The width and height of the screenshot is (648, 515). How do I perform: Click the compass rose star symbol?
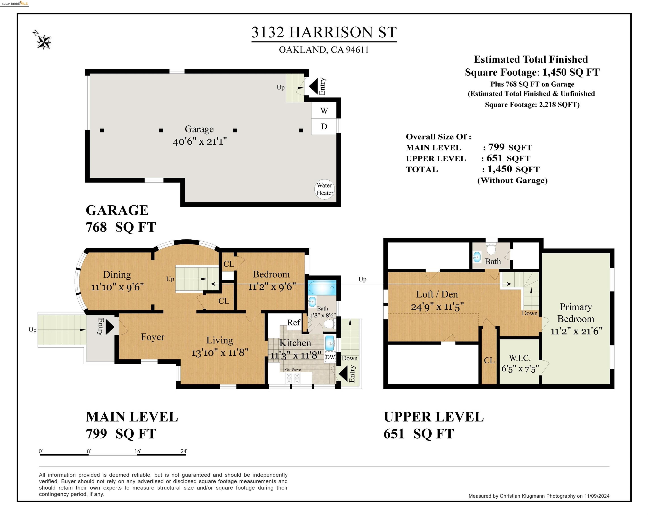(44, 42)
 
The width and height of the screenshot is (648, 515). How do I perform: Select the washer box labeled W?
(324, 111)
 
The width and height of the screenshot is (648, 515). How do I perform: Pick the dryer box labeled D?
(324, 126)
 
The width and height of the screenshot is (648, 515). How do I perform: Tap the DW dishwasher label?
(330, 357)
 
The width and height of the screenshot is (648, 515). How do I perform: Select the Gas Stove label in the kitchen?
(293, 370)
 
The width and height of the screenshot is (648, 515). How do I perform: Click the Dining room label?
(117, 275)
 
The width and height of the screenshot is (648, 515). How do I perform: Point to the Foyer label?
(153, 337)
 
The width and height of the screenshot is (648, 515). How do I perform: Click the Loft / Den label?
(437, 294)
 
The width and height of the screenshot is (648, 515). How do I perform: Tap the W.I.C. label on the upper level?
(520, 358)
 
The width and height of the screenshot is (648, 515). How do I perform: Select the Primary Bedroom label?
(576, 313)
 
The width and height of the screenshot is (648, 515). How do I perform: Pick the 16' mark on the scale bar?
(137, 451)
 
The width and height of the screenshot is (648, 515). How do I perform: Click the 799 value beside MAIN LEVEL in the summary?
(496, 147)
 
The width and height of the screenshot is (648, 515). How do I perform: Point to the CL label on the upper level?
(489, 360)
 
